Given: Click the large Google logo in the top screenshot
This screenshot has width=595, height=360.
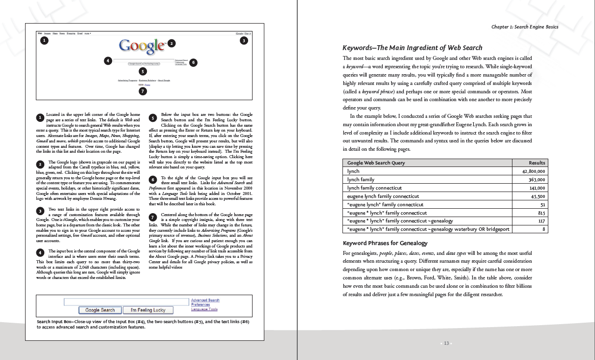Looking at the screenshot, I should click(142, 45).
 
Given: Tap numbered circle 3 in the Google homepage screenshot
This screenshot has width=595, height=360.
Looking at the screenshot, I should click(244, 41).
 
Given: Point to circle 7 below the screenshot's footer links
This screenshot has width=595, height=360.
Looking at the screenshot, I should click(142, 91).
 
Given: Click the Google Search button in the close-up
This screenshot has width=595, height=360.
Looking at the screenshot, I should click(100, 310).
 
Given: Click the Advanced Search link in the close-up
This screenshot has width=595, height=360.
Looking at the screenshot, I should click(205, 300).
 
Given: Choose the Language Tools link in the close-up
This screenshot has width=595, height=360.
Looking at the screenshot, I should click(204, 309).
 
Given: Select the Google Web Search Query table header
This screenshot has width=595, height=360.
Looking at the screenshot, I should click(376, 163).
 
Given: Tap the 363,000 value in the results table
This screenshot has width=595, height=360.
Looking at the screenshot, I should click(537, 179).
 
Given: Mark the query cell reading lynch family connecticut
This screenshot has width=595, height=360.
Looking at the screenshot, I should click(374, 188).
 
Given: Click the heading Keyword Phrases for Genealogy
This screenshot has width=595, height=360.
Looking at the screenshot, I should click(385, 243).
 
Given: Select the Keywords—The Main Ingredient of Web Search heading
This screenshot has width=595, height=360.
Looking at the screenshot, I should click(412, 48).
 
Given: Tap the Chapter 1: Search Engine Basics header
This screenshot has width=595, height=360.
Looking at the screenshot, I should click(524, 27).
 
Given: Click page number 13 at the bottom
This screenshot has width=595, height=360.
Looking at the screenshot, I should click(446, 343).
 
